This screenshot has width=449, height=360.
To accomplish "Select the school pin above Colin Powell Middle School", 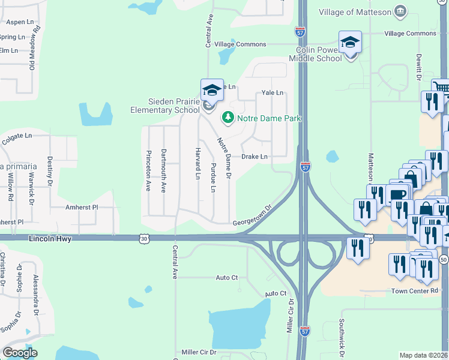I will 350,43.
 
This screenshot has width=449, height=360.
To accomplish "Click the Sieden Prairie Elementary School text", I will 165,106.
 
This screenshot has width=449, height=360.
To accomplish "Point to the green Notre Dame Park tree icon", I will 228,117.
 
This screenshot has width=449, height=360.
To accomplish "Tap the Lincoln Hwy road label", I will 50,239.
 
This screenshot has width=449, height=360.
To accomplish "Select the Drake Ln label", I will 254,157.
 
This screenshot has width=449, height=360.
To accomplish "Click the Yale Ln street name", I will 271,93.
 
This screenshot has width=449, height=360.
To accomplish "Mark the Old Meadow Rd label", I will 37,48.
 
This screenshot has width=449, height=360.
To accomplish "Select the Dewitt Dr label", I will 418,66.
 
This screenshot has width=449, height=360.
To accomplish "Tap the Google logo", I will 20,353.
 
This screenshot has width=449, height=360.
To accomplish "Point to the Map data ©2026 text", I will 424,355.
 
